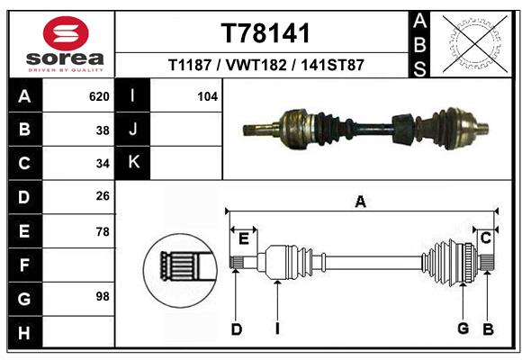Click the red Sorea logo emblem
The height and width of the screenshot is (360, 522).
point(66,33)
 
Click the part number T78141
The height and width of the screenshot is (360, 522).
point(265,33)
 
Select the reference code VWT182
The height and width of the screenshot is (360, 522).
point(256,65)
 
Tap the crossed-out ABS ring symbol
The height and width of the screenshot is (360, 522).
point(475,44)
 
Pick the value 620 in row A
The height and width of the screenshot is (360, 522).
point(99,96)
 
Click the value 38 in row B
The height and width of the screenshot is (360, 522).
point(103,130)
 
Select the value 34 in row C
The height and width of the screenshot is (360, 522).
point(103,164)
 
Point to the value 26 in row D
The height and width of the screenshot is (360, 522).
point(103,196)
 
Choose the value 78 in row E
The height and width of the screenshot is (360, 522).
point(103,231)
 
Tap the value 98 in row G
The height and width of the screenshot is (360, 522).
point(103,296)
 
